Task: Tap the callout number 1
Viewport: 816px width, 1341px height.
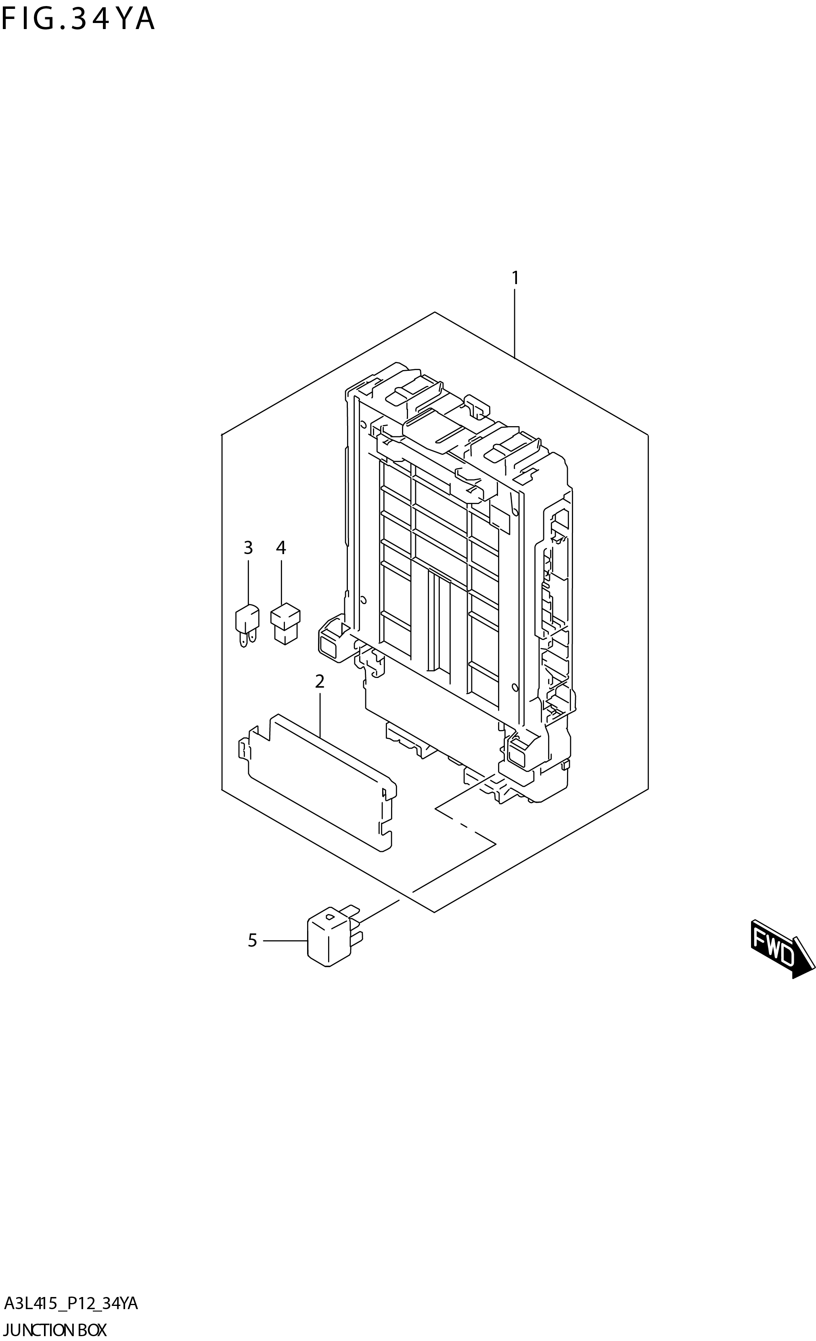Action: pos(515,278)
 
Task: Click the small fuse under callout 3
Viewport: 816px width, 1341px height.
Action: pos(247,624)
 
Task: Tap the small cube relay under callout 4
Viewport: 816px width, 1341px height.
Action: pos(285,624)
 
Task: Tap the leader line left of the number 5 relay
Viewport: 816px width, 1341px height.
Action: pos(285,940)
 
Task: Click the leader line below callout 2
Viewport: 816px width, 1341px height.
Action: pos(320,713)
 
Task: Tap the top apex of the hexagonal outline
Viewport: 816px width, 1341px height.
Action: pos(434,312)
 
